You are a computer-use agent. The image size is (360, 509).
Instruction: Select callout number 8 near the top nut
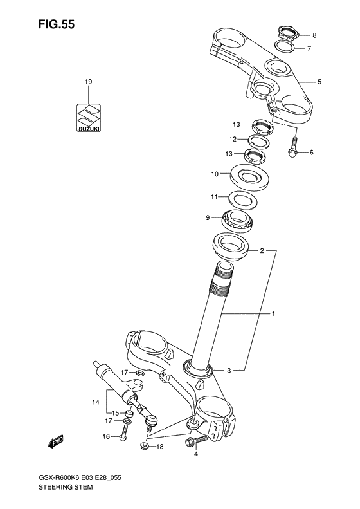(305, 35)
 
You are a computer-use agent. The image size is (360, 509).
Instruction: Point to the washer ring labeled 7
(286, 46)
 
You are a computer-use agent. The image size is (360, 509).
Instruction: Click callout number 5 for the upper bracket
(319, 82)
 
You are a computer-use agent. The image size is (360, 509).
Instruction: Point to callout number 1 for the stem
(273, 314)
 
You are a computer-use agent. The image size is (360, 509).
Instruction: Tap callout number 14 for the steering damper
(96, 402)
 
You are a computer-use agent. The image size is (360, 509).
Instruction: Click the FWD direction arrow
(55, 442)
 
